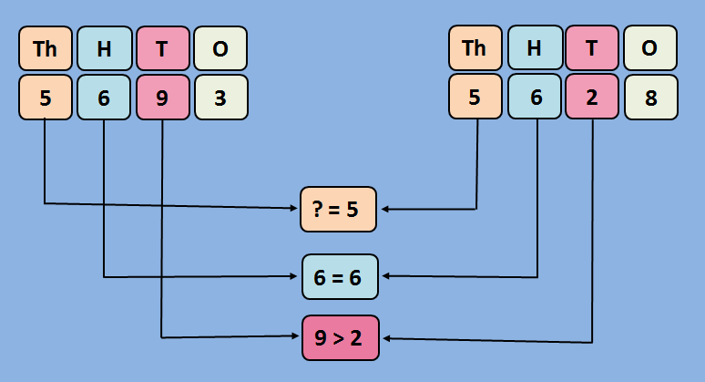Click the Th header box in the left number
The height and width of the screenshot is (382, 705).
click(46, 49)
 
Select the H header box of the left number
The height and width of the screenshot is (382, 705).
click(104, 49)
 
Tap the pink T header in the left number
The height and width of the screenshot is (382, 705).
click(162, 49)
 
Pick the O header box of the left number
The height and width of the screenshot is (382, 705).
click(220, 49)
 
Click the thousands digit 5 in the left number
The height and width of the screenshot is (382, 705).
click(46, 97)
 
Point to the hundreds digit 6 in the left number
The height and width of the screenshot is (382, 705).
click(104, 97)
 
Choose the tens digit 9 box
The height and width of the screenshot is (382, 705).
click(162, 97)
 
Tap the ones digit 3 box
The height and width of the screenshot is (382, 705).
click(220, 97)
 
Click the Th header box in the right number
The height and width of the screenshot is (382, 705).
click(475, 48)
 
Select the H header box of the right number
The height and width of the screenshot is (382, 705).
click(534, 48)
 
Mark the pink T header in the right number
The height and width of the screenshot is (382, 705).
click(592, 48)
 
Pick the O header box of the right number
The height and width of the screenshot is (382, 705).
click(650, 48)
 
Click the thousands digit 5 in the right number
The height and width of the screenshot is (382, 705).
click(475, 97)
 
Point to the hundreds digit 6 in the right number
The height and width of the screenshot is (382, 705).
click(534, 97)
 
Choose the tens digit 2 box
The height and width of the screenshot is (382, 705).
click(592, 97)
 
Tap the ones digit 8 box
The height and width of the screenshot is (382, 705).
click(650, 97)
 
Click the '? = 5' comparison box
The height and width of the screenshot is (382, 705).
click(339, 209)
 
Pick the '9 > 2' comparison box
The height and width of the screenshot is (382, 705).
click(339, 338)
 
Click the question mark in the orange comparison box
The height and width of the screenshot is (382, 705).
click(318, 209)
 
